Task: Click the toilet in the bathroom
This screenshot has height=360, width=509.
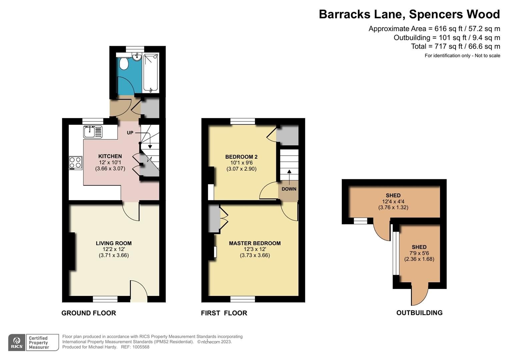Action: pyautogui.click(x=124, y=63)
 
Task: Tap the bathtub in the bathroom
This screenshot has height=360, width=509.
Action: pyautogui.click(x=151, y=72)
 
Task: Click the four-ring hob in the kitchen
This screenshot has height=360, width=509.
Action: pyautogui.click(x=76, y=163)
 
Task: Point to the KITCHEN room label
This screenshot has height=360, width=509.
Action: pyautogui.click(x=110, y=156)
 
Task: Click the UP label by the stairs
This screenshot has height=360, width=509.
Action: pyautogui.click(x=130, y=133)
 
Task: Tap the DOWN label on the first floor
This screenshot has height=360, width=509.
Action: pyautogui.click(x=289, y=189)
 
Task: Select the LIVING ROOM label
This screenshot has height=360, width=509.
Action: pyautogui.click(x=114, y=243)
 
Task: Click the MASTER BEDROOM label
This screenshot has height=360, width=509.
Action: pyautogui.click(x=255, y=243)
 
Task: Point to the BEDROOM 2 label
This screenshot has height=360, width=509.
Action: pyautogui.click(x=241, y=157)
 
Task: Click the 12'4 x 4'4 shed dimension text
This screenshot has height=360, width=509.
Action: pyautogui.click(x=393, y=202)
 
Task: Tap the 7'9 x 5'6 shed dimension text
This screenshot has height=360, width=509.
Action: pyautogui.click(x=419, y=253)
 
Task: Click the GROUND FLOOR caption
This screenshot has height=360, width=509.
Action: pyautogui.click(x=89, y=313)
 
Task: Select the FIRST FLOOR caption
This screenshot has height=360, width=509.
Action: pyautogui.click(x=224, y=313)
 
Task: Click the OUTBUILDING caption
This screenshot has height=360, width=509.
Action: pyautogui.click(x=419, y=313)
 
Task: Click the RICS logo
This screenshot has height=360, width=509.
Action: pyautogui.click(x=17, y=343)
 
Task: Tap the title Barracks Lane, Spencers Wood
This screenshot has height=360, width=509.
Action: pyautogui.click(x=409, y=14)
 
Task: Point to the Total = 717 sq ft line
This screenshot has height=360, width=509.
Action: pyautogui.click(x=455, y=46)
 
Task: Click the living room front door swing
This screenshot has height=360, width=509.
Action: pyautogui.click(x=138, y=291)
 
